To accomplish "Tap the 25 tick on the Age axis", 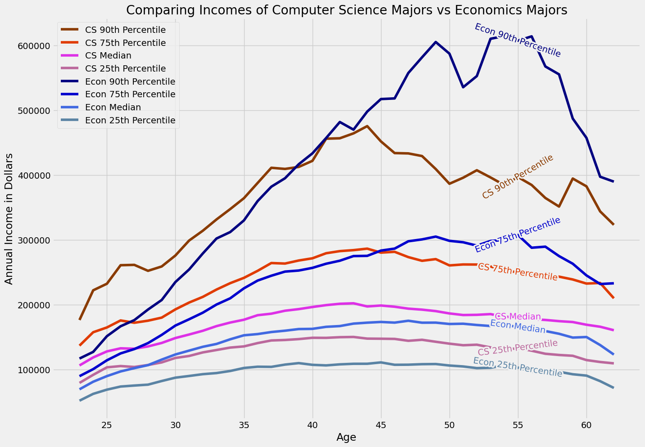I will click(107, 425).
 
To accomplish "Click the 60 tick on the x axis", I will click(586, 425).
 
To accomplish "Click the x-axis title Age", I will click(346, 438).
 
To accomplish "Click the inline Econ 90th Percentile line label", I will click(518, 41).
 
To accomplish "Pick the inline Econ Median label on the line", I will click(518, 327).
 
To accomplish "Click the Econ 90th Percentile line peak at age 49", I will click(436, 42).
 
